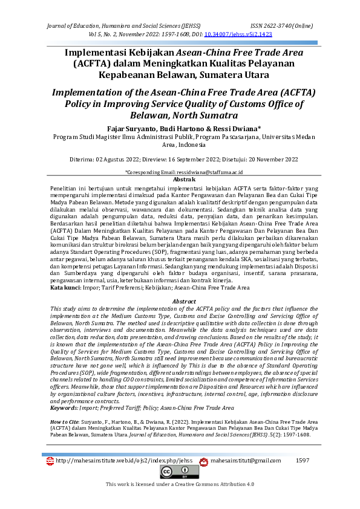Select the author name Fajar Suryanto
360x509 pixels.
(x=130, y=129)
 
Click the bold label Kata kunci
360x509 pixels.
(x=65, y=288)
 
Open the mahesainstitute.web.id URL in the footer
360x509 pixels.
(x=124, y=461)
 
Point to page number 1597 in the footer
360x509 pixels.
(x=303, y=461)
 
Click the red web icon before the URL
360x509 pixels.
(x=50, y=461)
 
